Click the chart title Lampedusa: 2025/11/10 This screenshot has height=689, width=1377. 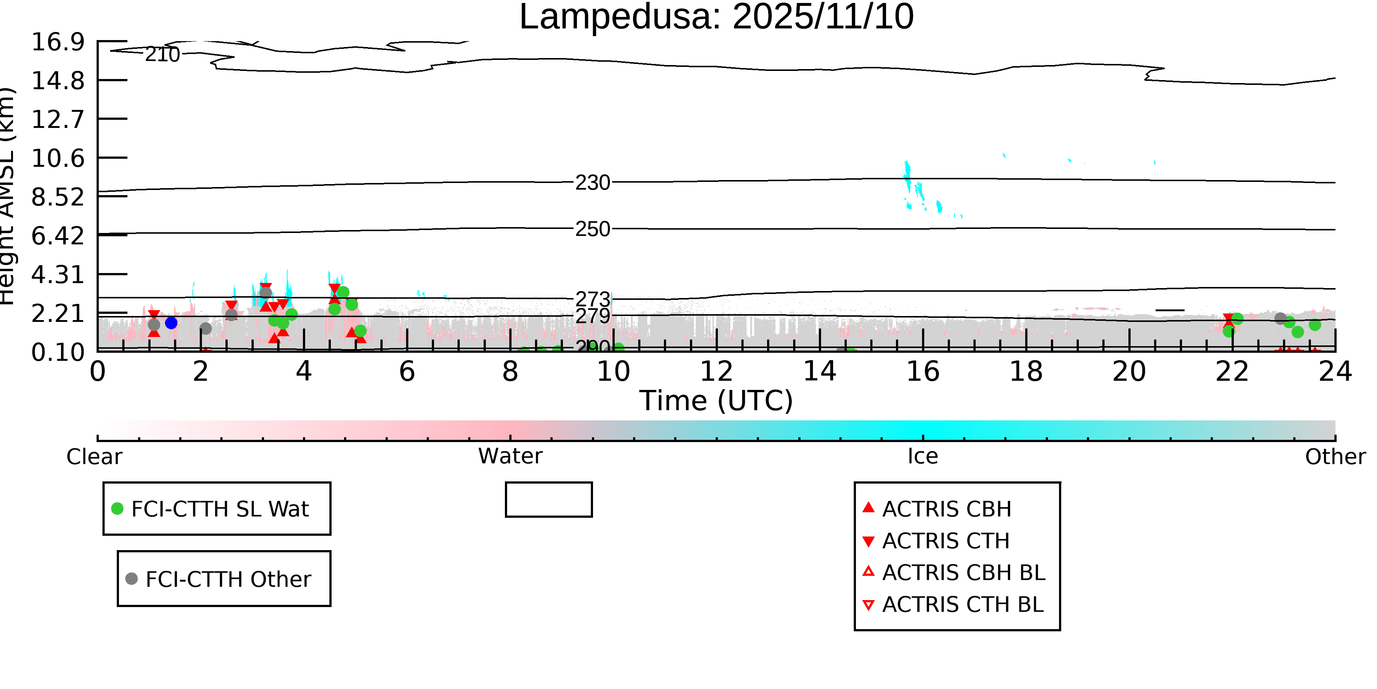pyautogui.click(x=716, y=17)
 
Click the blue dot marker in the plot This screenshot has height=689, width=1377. pyautogui.click(x=171, y=323)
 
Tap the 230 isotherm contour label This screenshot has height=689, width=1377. pyautogui.click(x=592, y=183)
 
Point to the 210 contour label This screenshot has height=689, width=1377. pyautogui.click(x=163, y=54)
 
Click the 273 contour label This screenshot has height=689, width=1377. pyautogui.click(x=592, y=299)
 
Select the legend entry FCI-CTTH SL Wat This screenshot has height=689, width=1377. pyautogui.click(x=220, y=509)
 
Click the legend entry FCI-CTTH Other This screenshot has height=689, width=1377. pyautogui.click(x=228, y=579)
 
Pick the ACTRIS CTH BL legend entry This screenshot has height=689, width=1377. pyautogui.click(x=962, y=604)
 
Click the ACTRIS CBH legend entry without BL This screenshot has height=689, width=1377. pyautogui.click(x=946, y=509)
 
